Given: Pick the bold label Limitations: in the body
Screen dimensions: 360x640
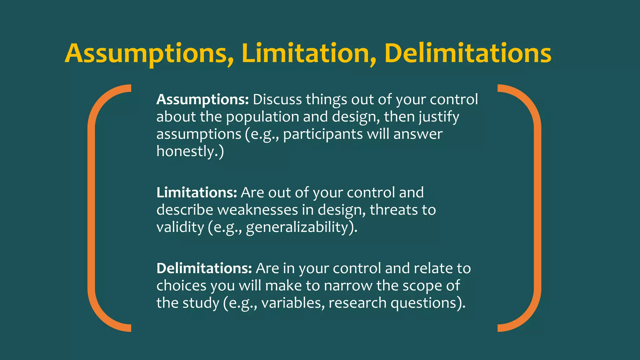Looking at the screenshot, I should coord(197,192).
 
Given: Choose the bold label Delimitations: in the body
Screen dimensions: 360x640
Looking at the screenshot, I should coord(204,268).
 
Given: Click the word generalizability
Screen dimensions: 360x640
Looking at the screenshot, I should coord(297,227).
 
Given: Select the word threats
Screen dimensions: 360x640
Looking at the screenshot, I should coord(394,210).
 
